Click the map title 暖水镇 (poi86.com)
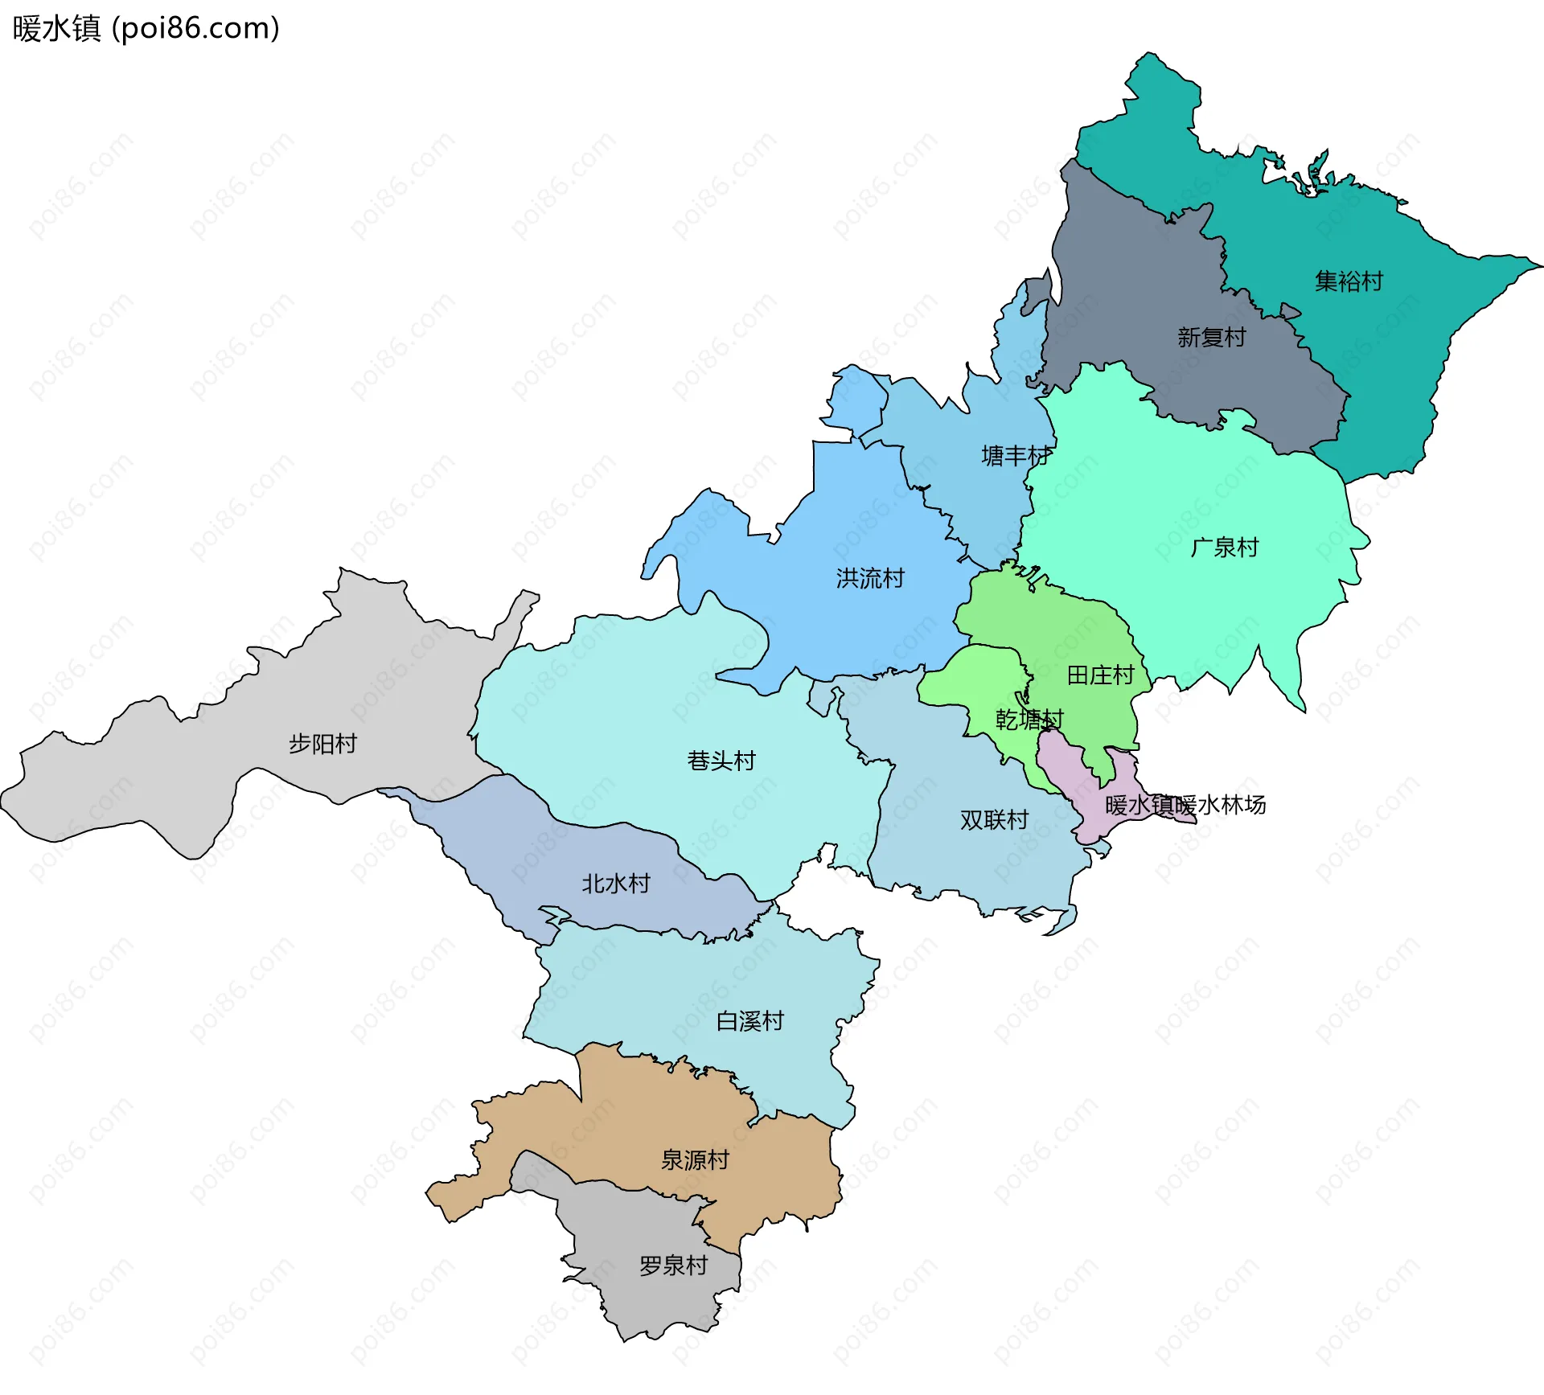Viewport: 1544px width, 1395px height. tap(146, 28)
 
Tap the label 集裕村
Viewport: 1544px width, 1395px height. tap(1349, 281)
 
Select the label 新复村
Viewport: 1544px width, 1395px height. tap(1211, 337)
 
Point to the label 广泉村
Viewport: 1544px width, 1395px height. tap(1224, 548)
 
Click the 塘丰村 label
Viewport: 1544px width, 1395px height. tap(1016, 456)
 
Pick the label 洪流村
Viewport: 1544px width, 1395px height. tap(870, 578)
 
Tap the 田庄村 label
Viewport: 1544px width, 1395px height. tap(1100, 675)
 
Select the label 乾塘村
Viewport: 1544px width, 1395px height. tap(1029, 720)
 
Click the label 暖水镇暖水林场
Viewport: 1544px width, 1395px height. tap(1185, 805)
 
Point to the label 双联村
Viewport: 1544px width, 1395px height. tap(994, 820)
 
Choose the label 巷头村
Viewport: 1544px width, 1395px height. tap(721, 761)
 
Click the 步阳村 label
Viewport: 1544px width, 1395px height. tap(322, 744)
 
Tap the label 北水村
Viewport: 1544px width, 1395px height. tap(616, 884)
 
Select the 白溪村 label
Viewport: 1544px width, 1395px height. tap(749, 1021)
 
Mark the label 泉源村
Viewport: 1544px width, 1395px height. tap(695, 1159)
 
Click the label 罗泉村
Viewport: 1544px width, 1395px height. tap(673, 1266)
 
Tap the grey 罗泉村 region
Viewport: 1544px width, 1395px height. tap(643, 1303)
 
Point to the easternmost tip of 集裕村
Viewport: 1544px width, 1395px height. tap(1539, 265)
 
